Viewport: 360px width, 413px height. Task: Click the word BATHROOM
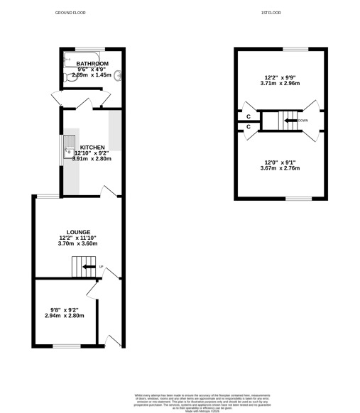(92, 63)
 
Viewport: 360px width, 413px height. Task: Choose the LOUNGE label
(77, 232)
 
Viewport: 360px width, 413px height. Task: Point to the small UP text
(102, 267)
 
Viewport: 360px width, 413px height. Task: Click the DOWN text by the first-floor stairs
(303, 121)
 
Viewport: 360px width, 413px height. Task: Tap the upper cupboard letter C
(249, 116)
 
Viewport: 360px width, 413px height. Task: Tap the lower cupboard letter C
(249, 127)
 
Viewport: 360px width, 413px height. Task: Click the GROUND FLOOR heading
(70, 13)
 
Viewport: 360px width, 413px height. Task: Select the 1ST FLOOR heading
(272, 13)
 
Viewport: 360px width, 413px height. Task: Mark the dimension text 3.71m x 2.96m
(280, 82)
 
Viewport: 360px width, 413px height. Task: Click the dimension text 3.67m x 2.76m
(280, 168)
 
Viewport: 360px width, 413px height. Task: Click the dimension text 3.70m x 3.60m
(77, 243)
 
